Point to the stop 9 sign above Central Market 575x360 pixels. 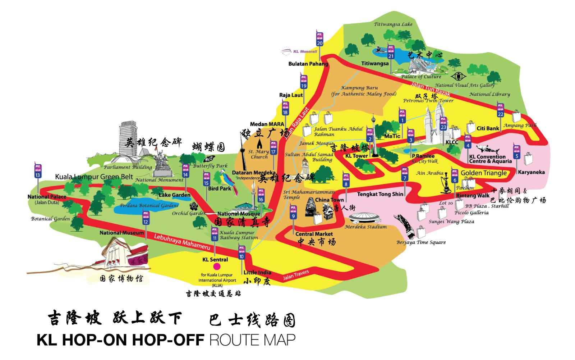tap(293, 212)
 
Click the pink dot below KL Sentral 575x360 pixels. tap(216, 267)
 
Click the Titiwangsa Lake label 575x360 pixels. tap(393, 24)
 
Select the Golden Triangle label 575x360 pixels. tap(483, 173)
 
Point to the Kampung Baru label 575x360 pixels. tap(364, 91)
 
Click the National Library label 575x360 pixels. tap(489, 94)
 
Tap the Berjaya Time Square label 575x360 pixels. tap(421, 242)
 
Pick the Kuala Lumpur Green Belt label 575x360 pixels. tap(94, 177)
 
